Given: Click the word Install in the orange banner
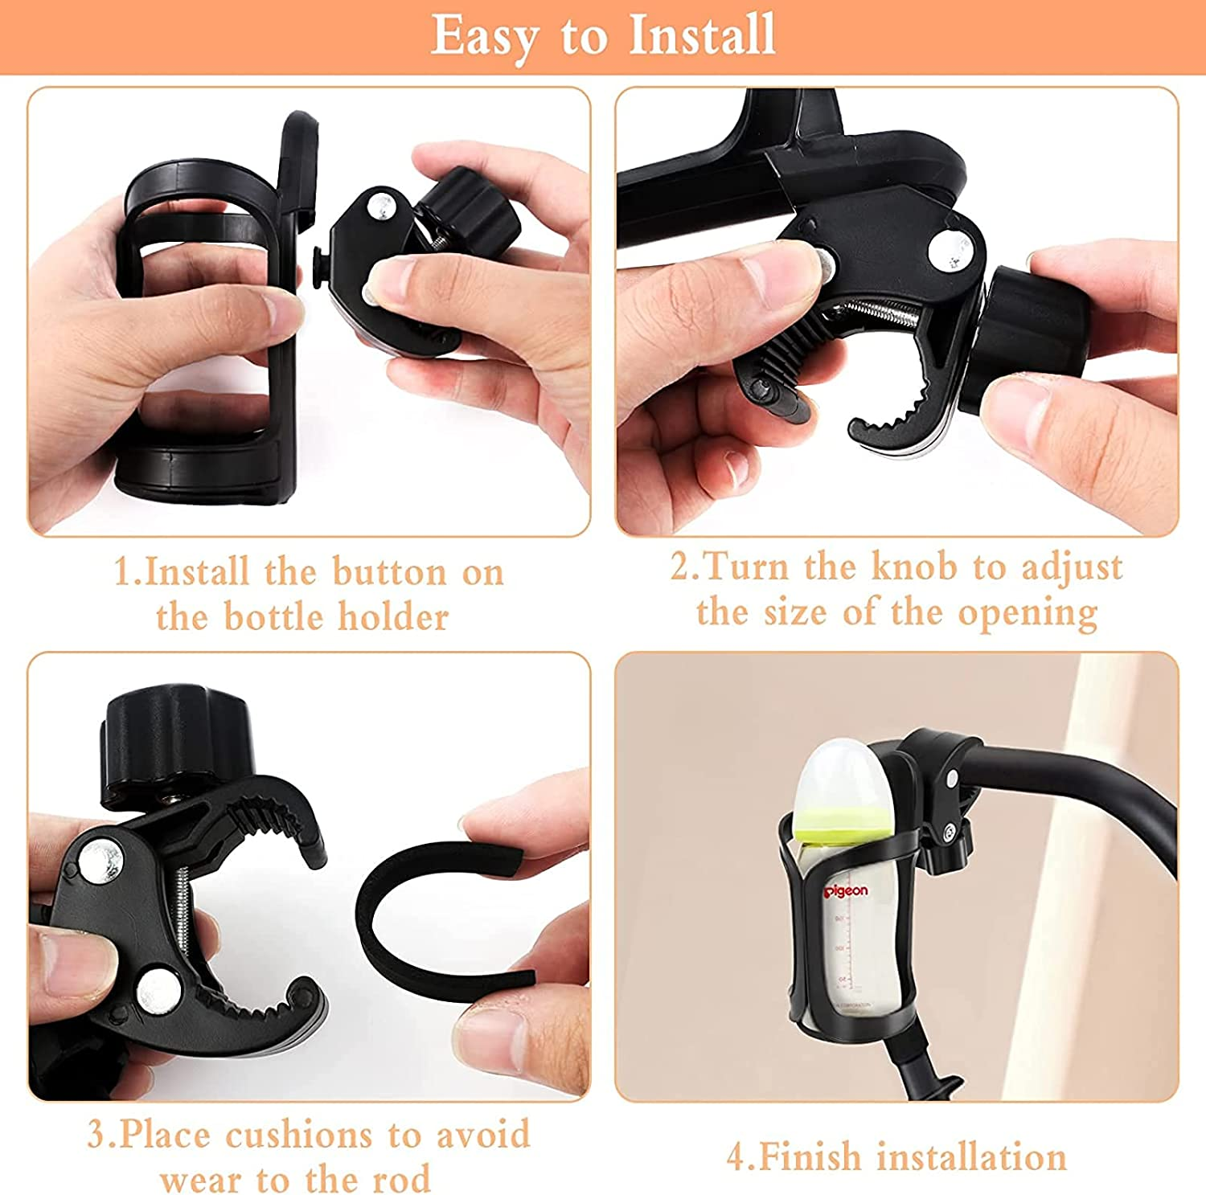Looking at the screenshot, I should [702, 35].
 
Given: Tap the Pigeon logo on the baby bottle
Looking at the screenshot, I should [845, 890].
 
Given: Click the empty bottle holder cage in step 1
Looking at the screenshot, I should [205, 321].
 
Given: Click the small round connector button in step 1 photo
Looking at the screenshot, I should [318, 264].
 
